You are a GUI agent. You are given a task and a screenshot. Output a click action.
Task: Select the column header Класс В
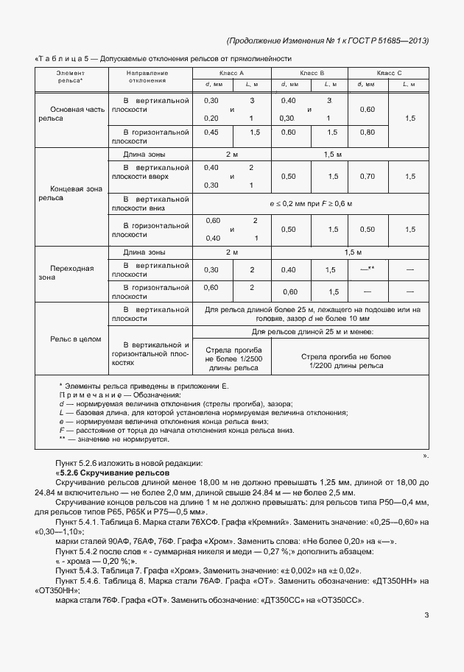point(311,73)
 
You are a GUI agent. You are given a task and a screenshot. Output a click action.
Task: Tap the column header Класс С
point(389,73)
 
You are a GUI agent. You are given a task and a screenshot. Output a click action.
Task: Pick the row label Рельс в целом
point(70,339)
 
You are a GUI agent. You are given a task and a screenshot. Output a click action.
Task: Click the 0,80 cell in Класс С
point(368,132)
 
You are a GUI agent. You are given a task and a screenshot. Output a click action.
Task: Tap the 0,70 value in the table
point(368,177)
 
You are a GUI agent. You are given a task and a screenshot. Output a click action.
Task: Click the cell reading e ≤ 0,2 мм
point(309,202)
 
